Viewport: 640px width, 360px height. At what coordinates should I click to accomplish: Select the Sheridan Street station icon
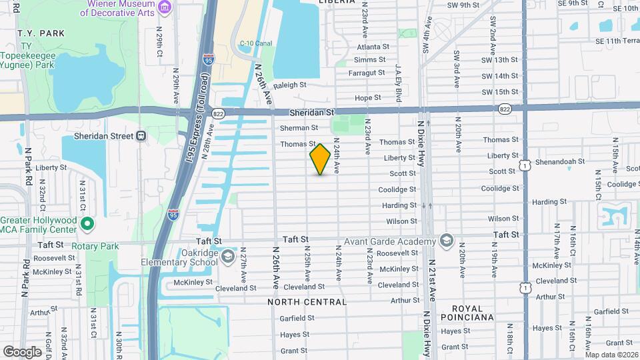coord(141,136)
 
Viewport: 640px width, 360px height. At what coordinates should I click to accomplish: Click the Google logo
coord(22,351)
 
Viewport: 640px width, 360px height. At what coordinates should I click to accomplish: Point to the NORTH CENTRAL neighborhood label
coord(307,302)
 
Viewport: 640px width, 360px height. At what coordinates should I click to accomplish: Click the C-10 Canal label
coord(256,44)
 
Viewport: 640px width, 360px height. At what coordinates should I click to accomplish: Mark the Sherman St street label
coord(299,128)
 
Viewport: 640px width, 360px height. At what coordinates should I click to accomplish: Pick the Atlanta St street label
coord(373,47)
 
